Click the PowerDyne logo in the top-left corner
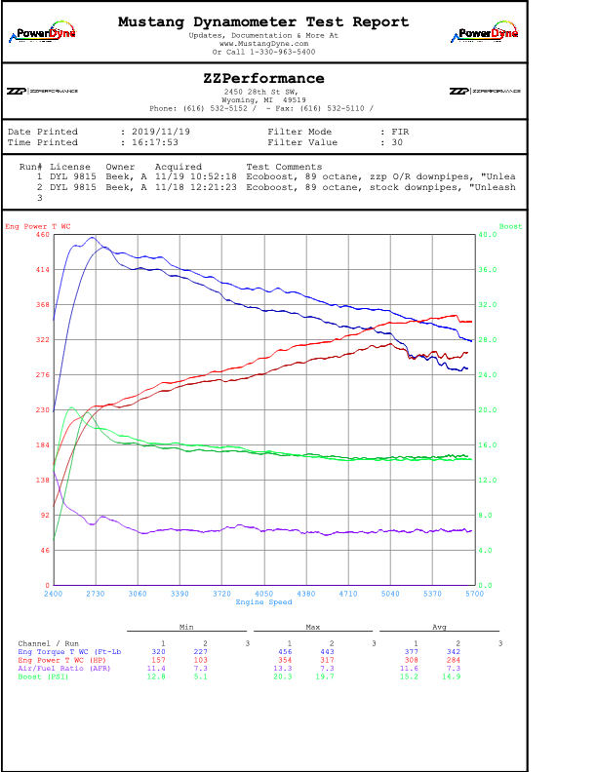[43, 32]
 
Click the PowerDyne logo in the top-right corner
[485, 32]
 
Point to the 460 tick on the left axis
[42, 235]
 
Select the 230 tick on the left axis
[42, 410]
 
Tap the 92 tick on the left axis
[44, 516]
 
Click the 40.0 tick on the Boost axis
[514, 235]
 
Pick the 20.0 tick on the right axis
[514, 410]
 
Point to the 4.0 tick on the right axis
[513, 551]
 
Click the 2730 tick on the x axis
[96, 593]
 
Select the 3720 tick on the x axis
[221, 593]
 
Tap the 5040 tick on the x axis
[390, 593]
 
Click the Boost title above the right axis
[510, 226]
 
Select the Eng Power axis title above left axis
[38, 226]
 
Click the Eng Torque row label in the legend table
[69, 650]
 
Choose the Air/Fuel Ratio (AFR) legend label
[59, 668]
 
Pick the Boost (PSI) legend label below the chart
[43, 676]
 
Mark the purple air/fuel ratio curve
[293, 530]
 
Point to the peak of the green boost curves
[71, 408]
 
